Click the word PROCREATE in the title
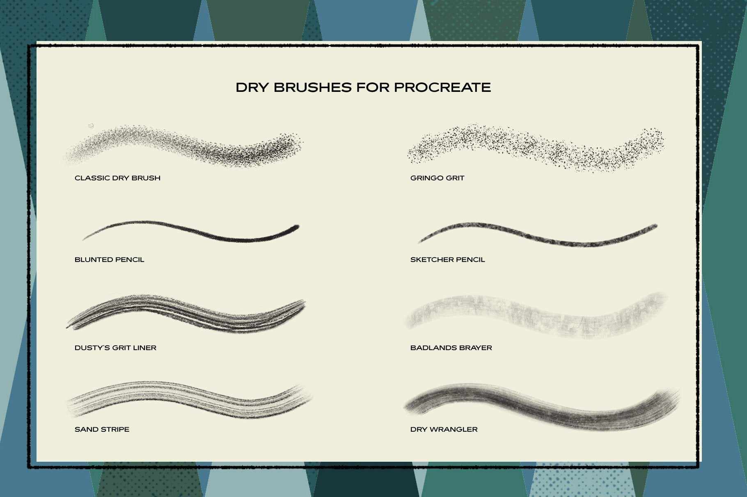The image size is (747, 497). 442,87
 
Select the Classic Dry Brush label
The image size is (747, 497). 117,178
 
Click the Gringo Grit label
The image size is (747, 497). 437,178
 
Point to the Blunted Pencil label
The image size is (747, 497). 109,260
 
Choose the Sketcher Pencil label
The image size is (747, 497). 447,260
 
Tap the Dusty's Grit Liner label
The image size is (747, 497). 115,348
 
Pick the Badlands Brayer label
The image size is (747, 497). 451,348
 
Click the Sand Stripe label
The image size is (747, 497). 102,429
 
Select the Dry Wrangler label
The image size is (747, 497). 444,429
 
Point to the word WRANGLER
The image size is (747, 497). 453,429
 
